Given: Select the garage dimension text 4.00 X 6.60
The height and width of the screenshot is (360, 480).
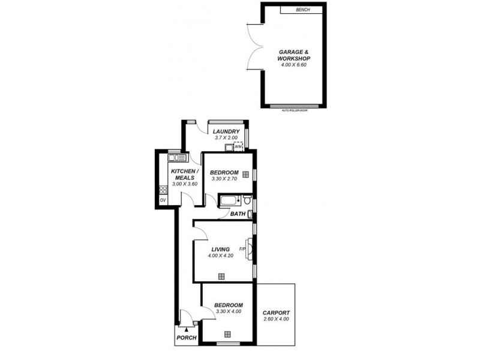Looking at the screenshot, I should pyautogui.click(x=293, y=65).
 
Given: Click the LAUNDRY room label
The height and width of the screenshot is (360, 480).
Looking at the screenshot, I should pyautogui.click(x=227, y=132).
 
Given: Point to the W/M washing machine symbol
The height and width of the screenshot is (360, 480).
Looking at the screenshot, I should pyautogui.click(x=238, y=146).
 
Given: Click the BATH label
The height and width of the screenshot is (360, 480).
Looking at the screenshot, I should pyautogui.click(x=238, y=214).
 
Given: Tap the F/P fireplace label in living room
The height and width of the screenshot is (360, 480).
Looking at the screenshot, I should pyautogui.click(x=242, y=249).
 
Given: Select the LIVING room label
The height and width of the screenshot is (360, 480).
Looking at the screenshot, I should pyautogui.click(x=220, y=249).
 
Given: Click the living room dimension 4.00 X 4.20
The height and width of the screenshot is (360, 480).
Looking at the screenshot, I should pyautogui.click(x=220, y=256).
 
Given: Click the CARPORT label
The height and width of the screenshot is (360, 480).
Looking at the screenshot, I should pyautogui.click(x=276, y=313).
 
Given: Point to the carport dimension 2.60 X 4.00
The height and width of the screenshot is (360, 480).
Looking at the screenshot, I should pyautogui.click(x=276, y=319).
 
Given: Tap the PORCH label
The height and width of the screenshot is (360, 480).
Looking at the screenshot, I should pyautogui.click(x=186, y=338).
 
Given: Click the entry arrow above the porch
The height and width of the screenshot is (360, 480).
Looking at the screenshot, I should pyautogui.click(x=187, y=329).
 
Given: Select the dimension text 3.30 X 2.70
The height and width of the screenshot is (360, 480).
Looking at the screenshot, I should pyautogui.click(x=225, y=179).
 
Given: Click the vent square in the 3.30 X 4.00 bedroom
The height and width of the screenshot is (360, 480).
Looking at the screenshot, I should pyautogui.click(x=227, y=335).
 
